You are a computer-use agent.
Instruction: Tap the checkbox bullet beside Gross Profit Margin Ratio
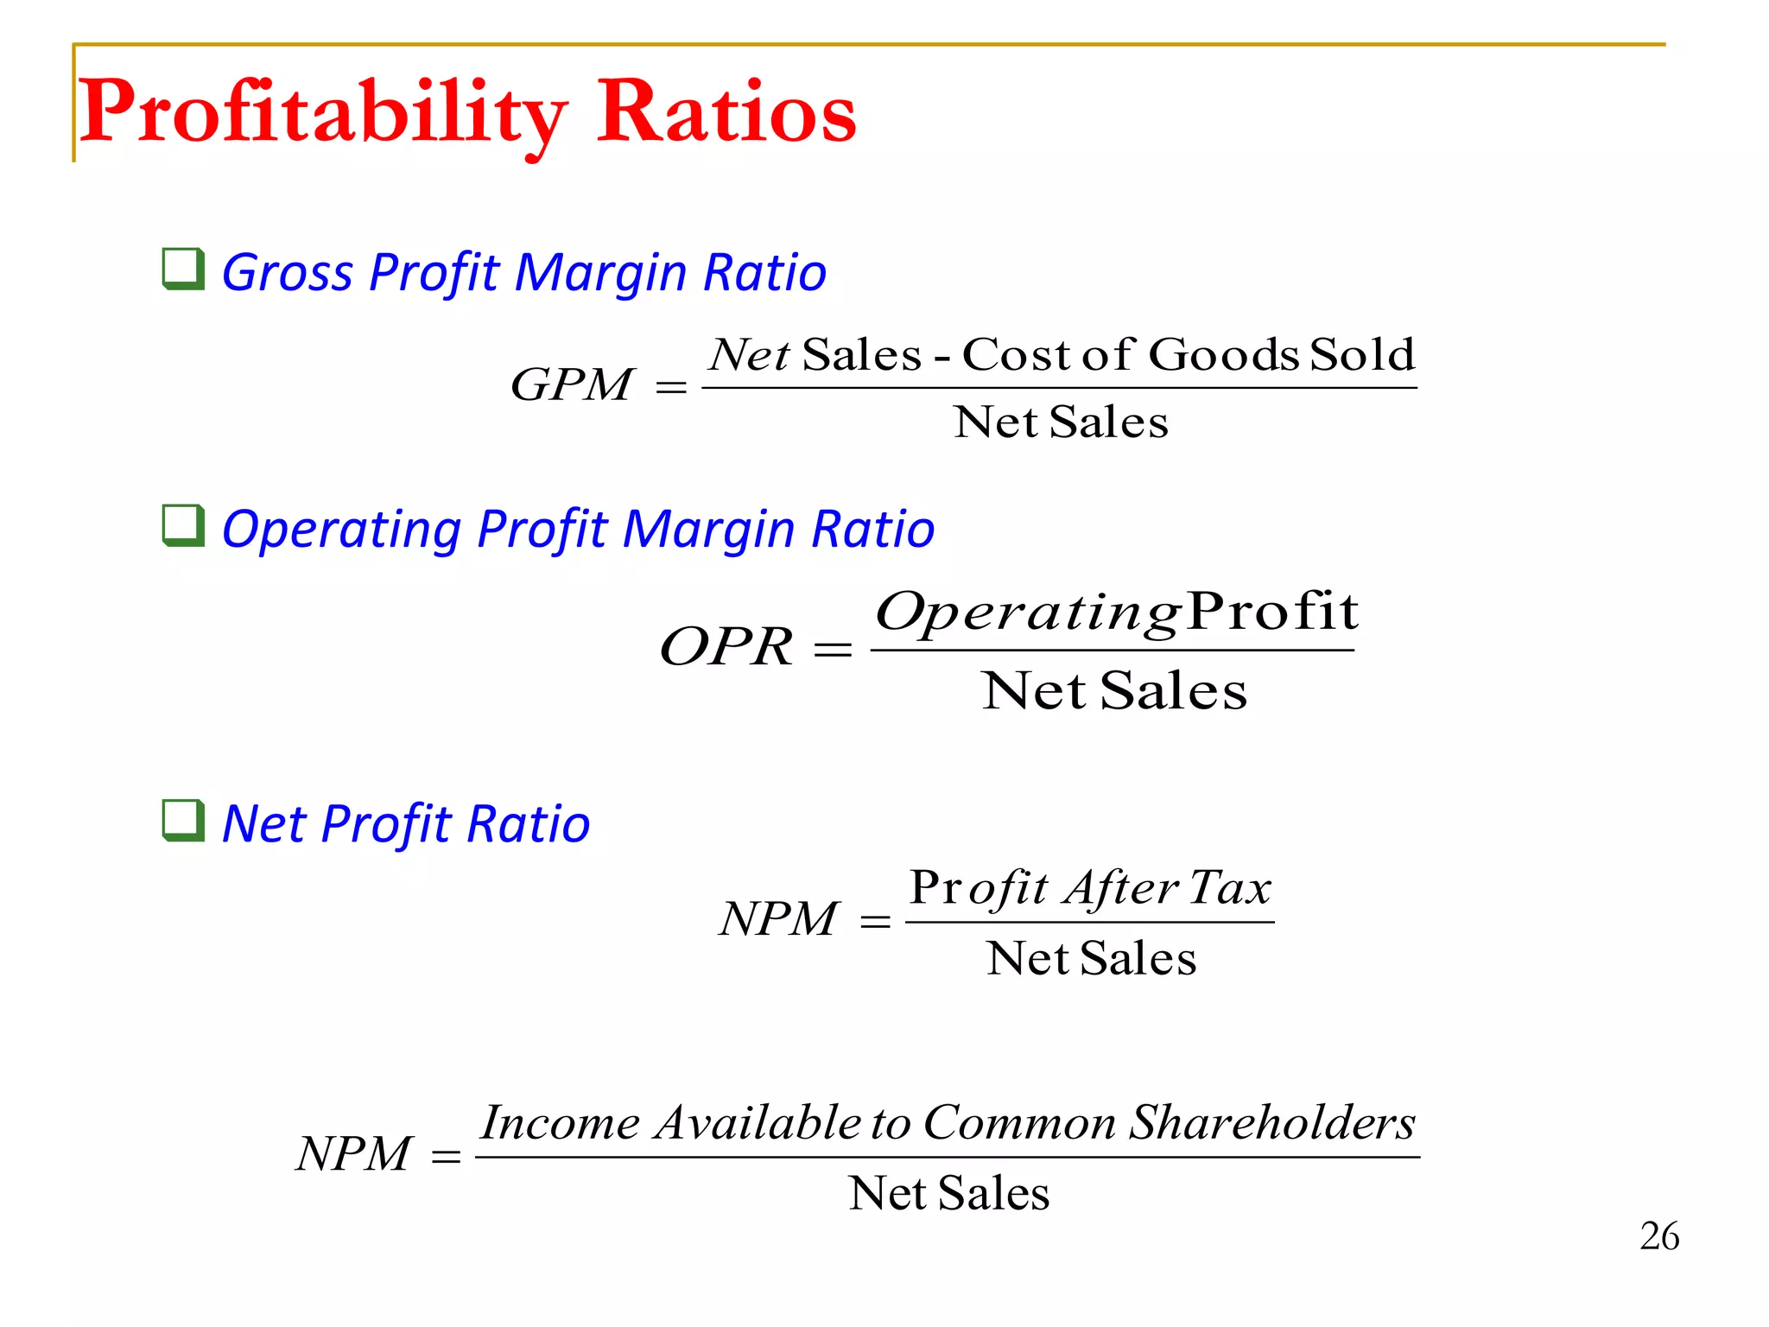(184, 269)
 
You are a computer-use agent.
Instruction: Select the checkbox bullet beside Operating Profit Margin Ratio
(184, 526)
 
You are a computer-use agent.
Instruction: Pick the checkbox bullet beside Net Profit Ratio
(184, 821)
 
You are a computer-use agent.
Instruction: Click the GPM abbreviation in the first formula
(572, 384)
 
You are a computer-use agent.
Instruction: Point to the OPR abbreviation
(726, 646)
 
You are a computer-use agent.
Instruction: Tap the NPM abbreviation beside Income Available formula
(353, 1153)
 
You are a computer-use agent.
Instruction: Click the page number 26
(1659, 1236)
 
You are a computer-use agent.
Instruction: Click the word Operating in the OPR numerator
(1028, 613)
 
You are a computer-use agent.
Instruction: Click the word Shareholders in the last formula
(1273, 1123)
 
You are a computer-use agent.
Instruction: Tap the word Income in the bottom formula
(561, 1123)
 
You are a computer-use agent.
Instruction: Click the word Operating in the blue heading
(341, 530)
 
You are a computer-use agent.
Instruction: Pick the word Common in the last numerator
(1019, 1123)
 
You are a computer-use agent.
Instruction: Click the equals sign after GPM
(671, 388)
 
